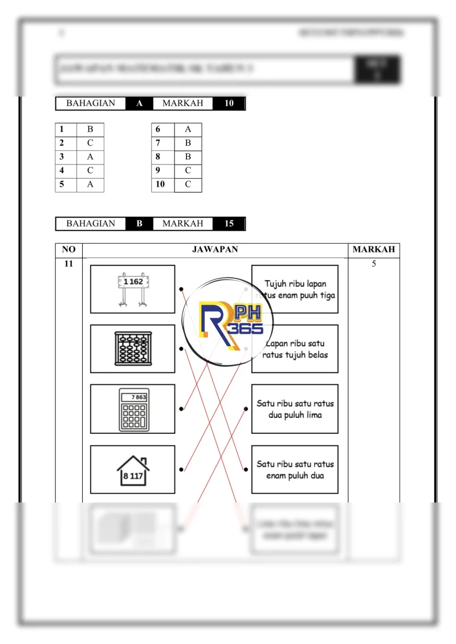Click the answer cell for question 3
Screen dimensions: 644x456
(90, 157)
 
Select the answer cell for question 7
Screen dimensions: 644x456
(188, 143)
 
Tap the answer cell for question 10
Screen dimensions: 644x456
(188, 184)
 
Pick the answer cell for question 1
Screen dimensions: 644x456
(90, 129)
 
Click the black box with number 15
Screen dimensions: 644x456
(229, 224)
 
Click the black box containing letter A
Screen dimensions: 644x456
(139, 104)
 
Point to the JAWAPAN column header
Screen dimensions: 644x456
(215, 249)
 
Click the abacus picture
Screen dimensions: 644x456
(133, 349)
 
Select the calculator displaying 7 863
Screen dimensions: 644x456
(133, 409)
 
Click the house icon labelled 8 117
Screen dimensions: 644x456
(133, 470)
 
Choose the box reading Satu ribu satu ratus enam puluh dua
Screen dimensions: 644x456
(295, 470)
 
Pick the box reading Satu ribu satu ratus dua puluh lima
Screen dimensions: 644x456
(295, 409)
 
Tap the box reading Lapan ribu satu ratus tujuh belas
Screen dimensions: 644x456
(295, 349)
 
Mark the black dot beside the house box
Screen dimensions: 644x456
(181, 470)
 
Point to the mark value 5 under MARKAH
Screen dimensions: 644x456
(374, 264)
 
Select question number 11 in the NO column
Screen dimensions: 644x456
(68, 264)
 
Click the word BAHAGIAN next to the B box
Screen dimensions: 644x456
(91, 224)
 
